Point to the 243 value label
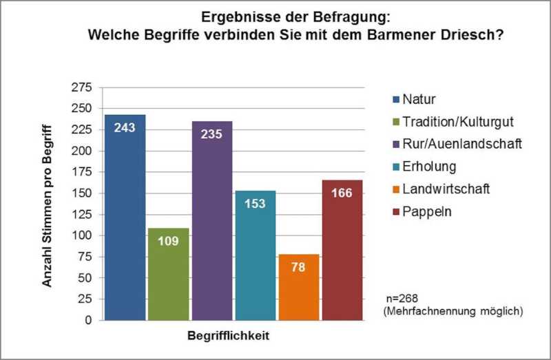125,128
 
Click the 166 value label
342,193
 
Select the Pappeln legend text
426,211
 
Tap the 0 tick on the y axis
87,320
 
